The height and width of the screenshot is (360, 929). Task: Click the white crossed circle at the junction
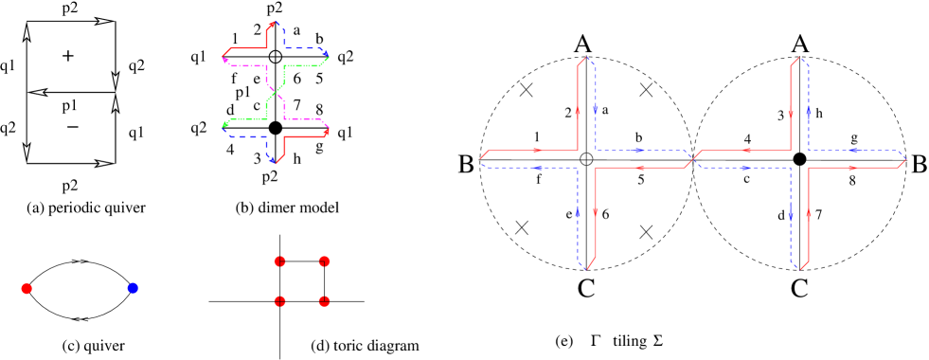tap(586, 159)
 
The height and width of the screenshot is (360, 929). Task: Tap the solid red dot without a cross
tap(27, 288)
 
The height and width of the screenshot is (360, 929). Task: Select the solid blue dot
tap(133, 288)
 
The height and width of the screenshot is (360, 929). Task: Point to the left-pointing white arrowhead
tap(39, 92)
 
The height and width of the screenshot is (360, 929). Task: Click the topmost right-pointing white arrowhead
tap(103, 21)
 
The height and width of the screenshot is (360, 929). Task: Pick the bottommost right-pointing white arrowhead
tap(103, 163)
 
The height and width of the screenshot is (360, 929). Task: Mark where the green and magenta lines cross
tap(276, 93)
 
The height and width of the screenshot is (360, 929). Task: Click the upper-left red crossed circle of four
tap(279, 261)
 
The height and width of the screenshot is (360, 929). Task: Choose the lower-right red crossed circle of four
tap(324, 301)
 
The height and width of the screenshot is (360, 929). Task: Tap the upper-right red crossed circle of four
tap(324, 261)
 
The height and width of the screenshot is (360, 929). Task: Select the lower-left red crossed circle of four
tap(279, 301)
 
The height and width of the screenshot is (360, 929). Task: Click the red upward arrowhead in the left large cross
tap(578, 110)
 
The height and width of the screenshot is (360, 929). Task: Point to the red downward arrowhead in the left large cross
tap(596, 212)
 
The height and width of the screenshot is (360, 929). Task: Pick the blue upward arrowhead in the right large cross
tap(809, 111)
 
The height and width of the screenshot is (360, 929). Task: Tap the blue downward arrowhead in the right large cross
tap(791, 216)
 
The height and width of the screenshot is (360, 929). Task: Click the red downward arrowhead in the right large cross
tap(791, 114)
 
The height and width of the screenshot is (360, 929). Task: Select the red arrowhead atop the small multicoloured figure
tap(272, 25)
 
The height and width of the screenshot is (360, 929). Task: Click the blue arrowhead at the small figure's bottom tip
tap(272, 160)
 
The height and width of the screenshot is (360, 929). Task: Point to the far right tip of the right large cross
tap(905, 159)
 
